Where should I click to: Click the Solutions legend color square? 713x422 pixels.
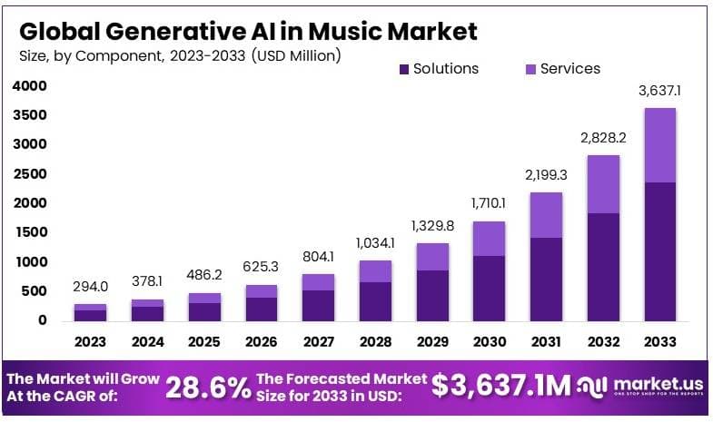[x=403, y=69]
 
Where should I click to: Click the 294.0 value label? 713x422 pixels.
[x=91, y=287]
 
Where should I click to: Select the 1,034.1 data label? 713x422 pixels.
[x=375, y=243]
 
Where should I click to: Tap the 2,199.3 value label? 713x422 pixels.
[x=547, y=174]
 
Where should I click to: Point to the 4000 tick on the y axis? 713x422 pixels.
[x=29, y=86]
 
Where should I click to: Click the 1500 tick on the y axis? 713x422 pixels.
[x=29, y=232]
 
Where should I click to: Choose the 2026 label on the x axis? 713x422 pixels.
[x=261, y=342]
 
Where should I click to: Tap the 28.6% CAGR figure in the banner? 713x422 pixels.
[x=208, y=388]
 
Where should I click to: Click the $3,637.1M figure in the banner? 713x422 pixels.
[x=501, y=386]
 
